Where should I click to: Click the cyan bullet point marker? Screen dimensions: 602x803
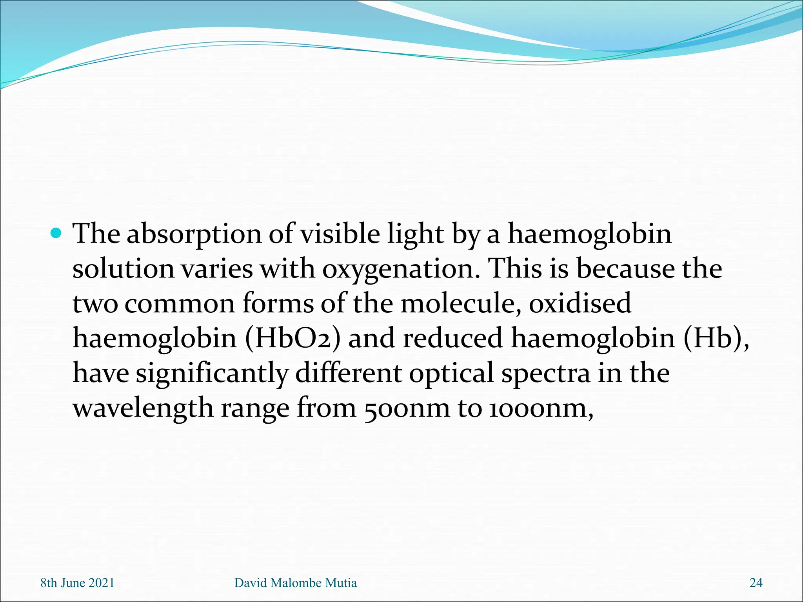coord(56,234)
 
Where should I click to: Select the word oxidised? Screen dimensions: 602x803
coord(580,304)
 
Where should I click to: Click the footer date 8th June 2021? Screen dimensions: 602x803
coord(77,583)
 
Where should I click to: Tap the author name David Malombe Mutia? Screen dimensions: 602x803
coord(296,583)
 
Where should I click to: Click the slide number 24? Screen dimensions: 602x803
coord(756,583)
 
